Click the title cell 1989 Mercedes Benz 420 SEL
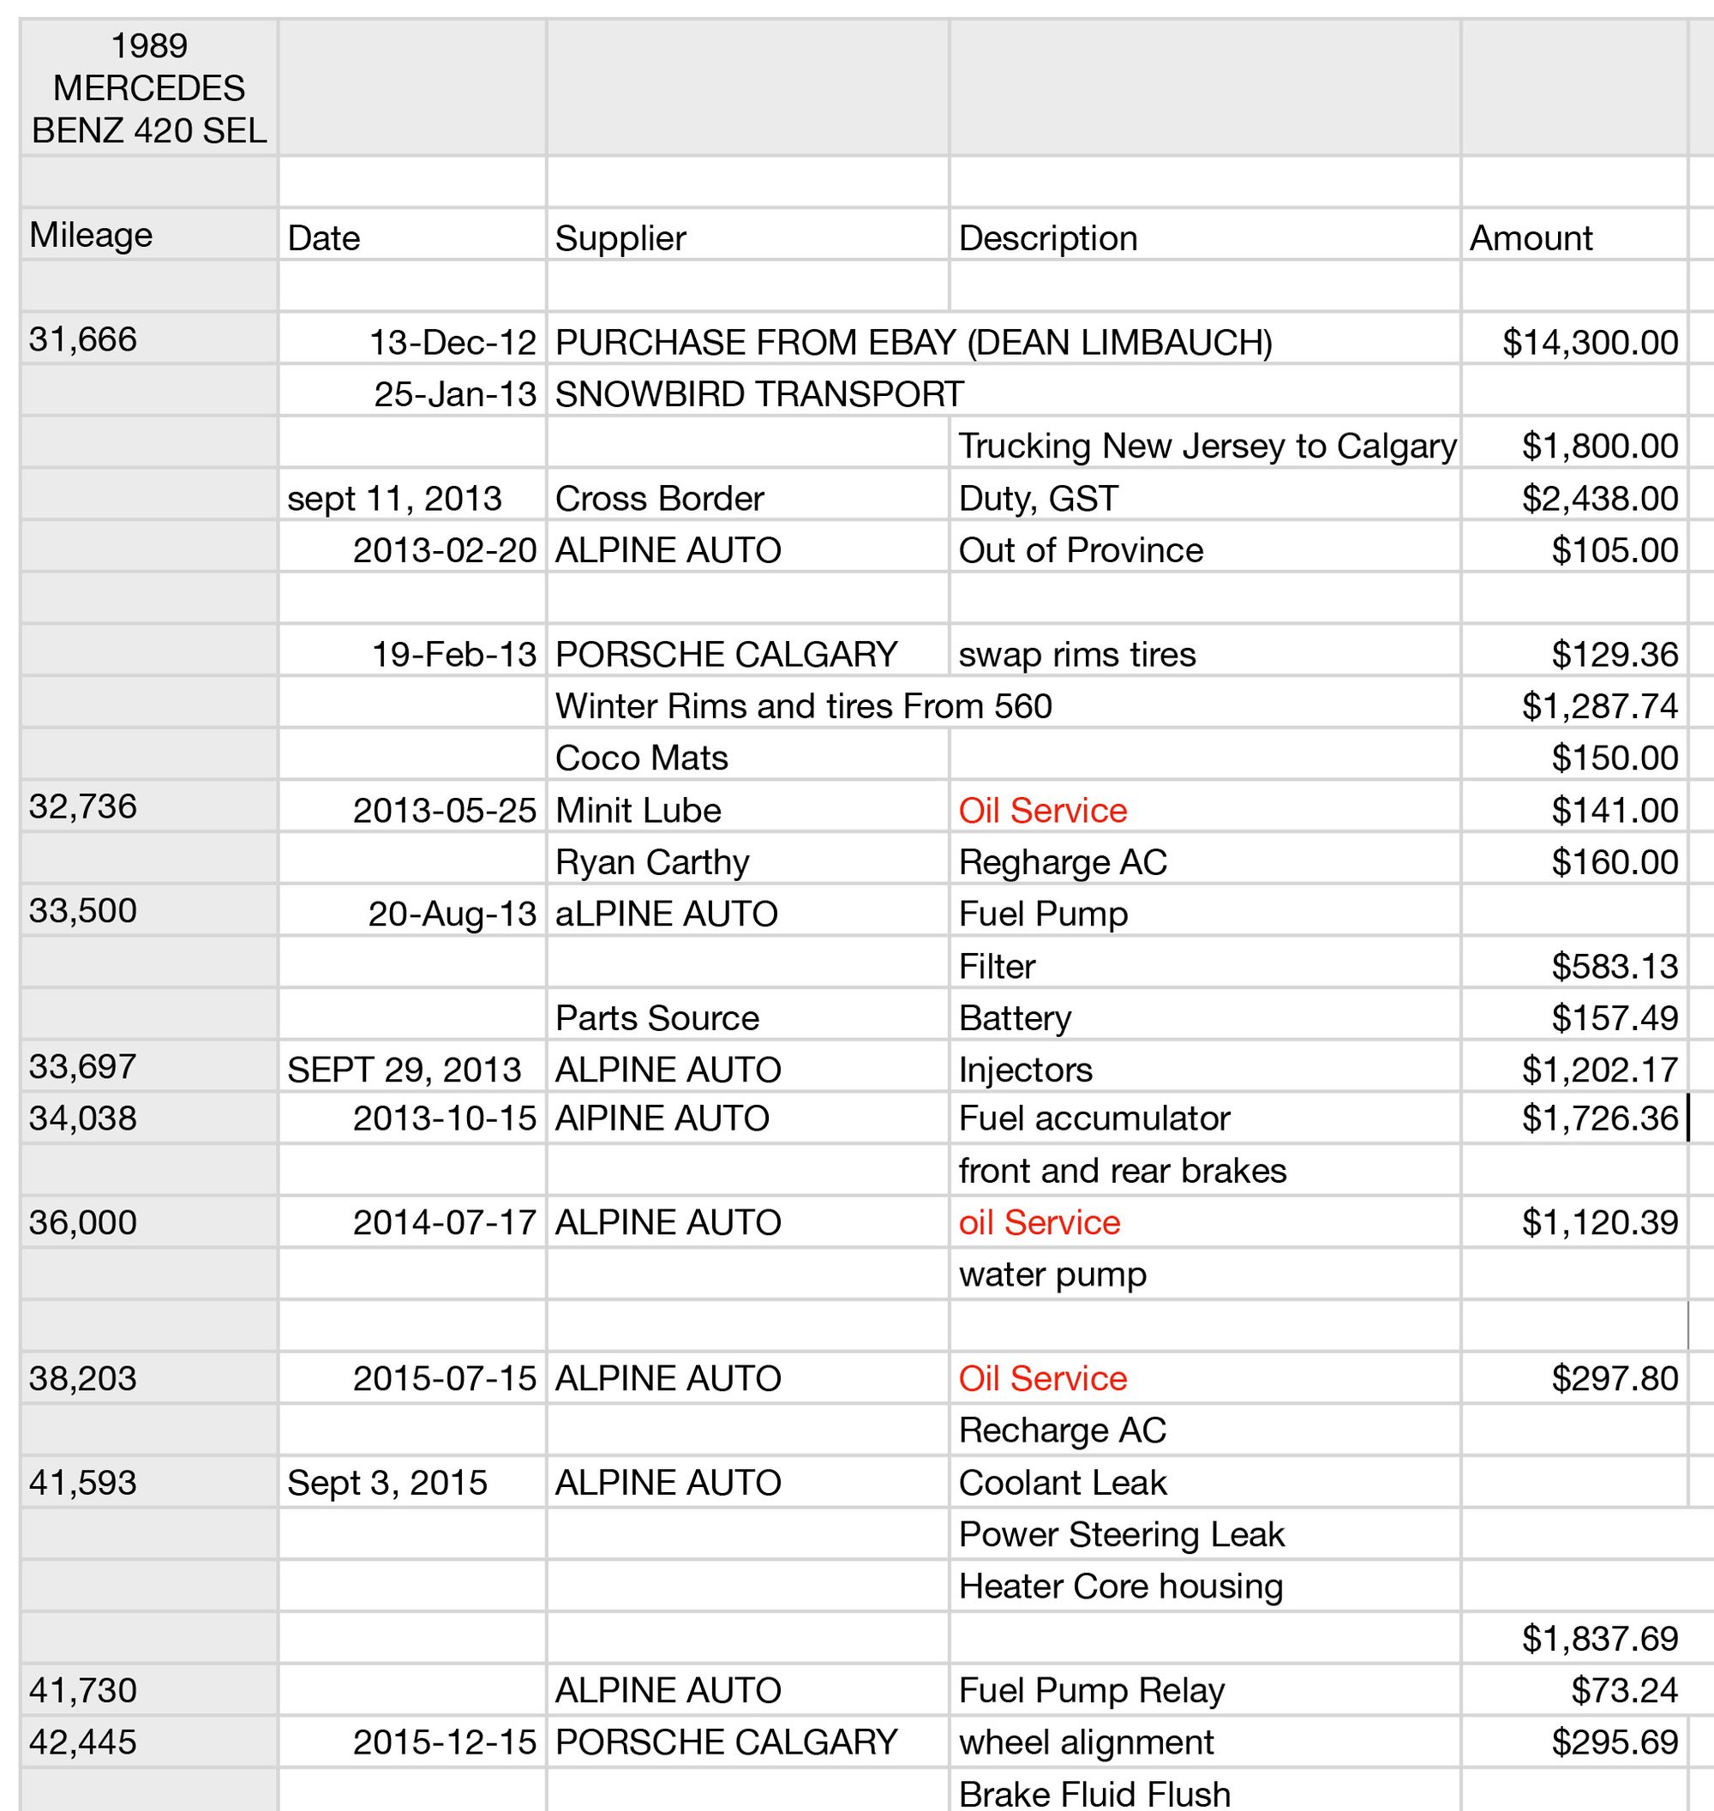click(149, 87)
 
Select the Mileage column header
click(91, 235)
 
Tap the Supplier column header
click(620, 237)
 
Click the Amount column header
click(1531, 237)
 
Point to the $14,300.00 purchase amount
click(1590, 342)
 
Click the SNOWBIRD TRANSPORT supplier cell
click(759, 393)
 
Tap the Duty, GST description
click(1038, 498)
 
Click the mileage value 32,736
click(82, 806)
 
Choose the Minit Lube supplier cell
click(638, 810)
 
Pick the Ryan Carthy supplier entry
click(651, 861)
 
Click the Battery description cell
click(1014, 1017)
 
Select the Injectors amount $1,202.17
click(1599, 1069)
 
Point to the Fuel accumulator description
click(1094, 1118)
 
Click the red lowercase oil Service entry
click(1039, 1221)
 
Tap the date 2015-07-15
click(444, 1378)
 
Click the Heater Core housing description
click(1120, 1586)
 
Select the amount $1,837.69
click(1599, 1639)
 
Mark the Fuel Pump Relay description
click(1091, 1689)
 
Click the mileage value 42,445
click(82, 1742)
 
